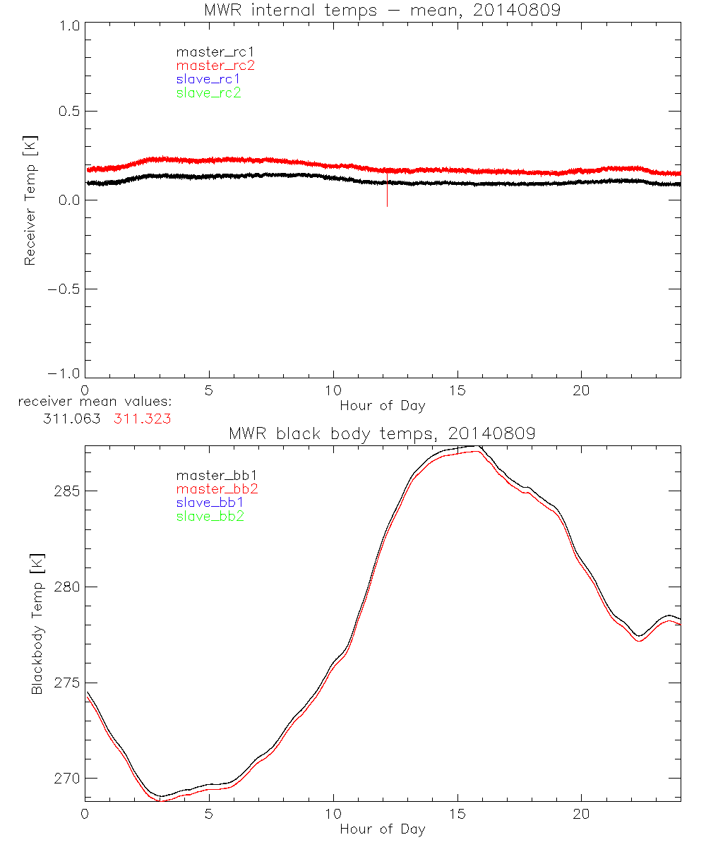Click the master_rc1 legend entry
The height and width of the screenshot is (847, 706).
pyautogui.click(x=208, y=52)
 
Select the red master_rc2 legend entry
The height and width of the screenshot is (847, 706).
pyautogui.click(x=215, y=66)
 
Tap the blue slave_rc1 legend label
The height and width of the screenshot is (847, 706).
pyautogui.click(x=208, y=79)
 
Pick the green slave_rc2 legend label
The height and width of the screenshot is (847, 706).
pyautogui.click(x=208, y=92)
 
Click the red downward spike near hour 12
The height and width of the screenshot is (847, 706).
pyautogui.click(x=387, y=194)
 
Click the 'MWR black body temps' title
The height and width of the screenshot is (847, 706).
pyautogui.click(x=382, y=433)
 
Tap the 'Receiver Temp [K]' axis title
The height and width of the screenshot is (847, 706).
pyautogui.click(x=30, y=200)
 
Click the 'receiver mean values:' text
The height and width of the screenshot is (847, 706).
pyautogui.click(x=95, y=402)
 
